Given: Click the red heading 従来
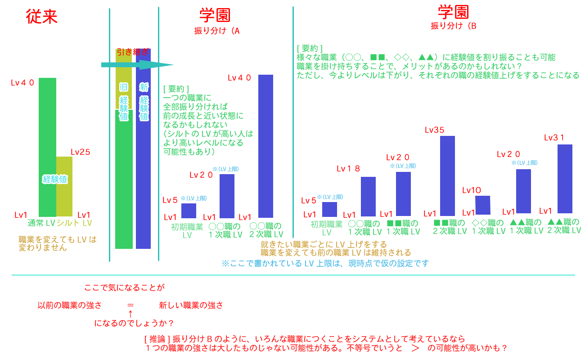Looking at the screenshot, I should click(42, 18).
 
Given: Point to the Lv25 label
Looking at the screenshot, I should click(81, 152).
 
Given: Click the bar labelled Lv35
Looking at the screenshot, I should click(447, 175).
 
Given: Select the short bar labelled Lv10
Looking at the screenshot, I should click(482, 205).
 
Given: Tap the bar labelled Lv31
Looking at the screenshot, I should click(565, 179).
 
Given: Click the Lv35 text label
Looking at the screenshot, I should click(435, 130).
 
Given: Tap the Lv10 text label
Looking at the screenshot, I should click(472, 190).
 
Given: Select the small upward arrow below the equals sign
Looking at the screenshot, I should click(130, 314).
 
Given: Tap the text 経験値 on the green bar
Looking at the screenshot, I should click(55, 179).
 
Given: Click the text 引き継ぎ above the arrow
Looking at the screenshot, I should click(132, 52).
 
